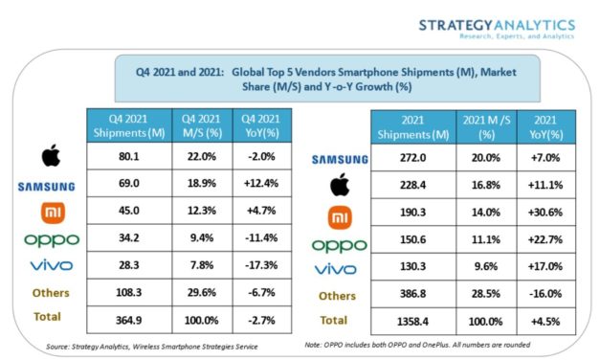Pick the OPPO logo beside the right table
click(340, 245)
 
